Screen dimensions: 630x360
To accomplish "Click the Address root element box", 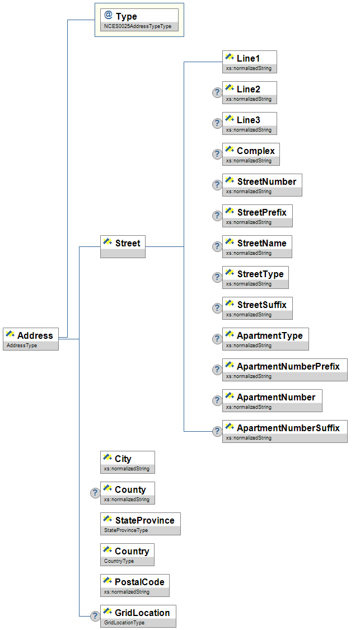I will (x=31, y=339).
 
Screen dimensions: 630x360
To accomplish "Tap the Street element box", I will (x=123, y=246).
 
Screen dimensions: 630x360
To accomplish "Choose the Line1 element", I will (x=250, y=62).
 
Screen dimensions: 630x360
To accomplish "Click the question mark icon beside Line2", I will (x=217, y=92).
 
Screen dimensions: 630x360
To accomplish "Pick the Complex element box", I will (x=250, y=154).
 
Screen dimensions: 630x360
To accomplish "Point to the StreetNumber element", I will (x=262, y=185).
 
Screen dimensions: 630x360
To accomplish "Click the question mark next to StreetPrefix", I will (x=217, y=216).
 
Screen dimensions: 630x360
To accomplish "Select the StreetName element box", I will (x=257, y=246).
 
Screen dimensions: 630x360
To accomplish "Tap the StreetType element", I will (x=255, y=277).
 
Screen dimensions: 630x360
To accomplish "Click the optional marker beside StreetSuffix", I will (x=217, y=308).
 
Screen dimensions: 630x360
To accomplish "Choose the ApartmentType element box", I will (x=265, y=339).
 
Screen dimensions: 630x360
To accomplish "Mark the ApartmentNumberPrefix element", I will (x=284, y=370).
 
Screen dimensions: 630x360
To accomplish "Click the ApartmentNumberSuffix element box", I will (x=284, y=431).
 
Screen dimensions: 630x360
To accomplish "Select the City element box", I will (x=127, y=462).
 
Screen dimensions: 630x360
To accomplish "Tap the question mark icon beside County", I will (x=95, y=493).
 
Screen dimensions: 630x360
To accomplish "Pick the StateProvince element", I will (x=140, y=524).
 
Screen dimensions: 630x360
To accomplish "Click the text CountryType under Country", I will (x=119, y=561).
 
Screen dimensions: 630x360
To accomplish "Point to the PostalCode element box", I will (x=134, y=585).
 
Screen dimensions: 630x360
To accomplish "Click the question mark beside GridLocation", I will (x=95, y=616).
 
